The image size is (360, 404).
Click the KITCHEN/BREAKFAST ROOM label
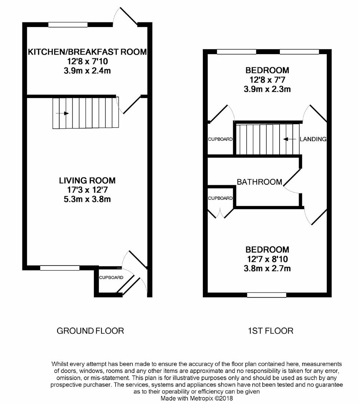click(x=87, y=52)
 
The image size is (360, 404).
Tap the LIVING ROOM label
click(x=87, y=181)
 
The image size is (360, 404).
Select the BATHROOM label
click(x=259, y=182)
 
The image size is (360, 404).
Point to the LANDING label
click(x=313, y=139)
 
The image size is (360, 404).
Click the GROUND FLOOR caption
click(x=90, y=331)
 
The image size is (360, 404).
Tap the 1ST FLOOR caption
click(x=270, y=331)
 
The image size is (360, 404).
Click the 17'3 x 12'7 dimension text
click(x=87, y=190)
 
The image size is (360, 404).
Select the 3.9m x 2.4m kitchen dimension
click(x=87, y=70)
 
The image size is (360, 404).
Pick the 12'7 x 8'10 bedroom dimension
click(x=267, y=259)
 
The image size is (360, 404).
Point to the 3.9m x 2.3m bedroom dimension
click(x=267, y=89)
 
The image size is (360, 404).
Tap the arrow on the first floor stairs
click(x=288, y=139)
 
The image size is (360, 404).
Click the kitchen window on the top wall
click(x=68, y=25)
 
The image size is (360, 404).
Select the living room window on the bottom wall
click(x=60, y=268)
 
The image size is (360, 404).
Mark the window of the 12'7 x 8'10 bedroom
click(x=266, y=295)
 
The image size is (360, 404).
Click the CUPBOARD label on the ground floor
click(x=111, y=278)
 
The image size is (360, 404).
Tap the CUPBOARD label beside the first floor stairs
click(x=220, y=139)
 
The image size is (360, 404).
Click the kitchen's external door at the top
click(x=125, y=17)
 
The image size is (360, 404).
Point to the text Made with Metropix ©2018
click(x=197, y=398)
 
